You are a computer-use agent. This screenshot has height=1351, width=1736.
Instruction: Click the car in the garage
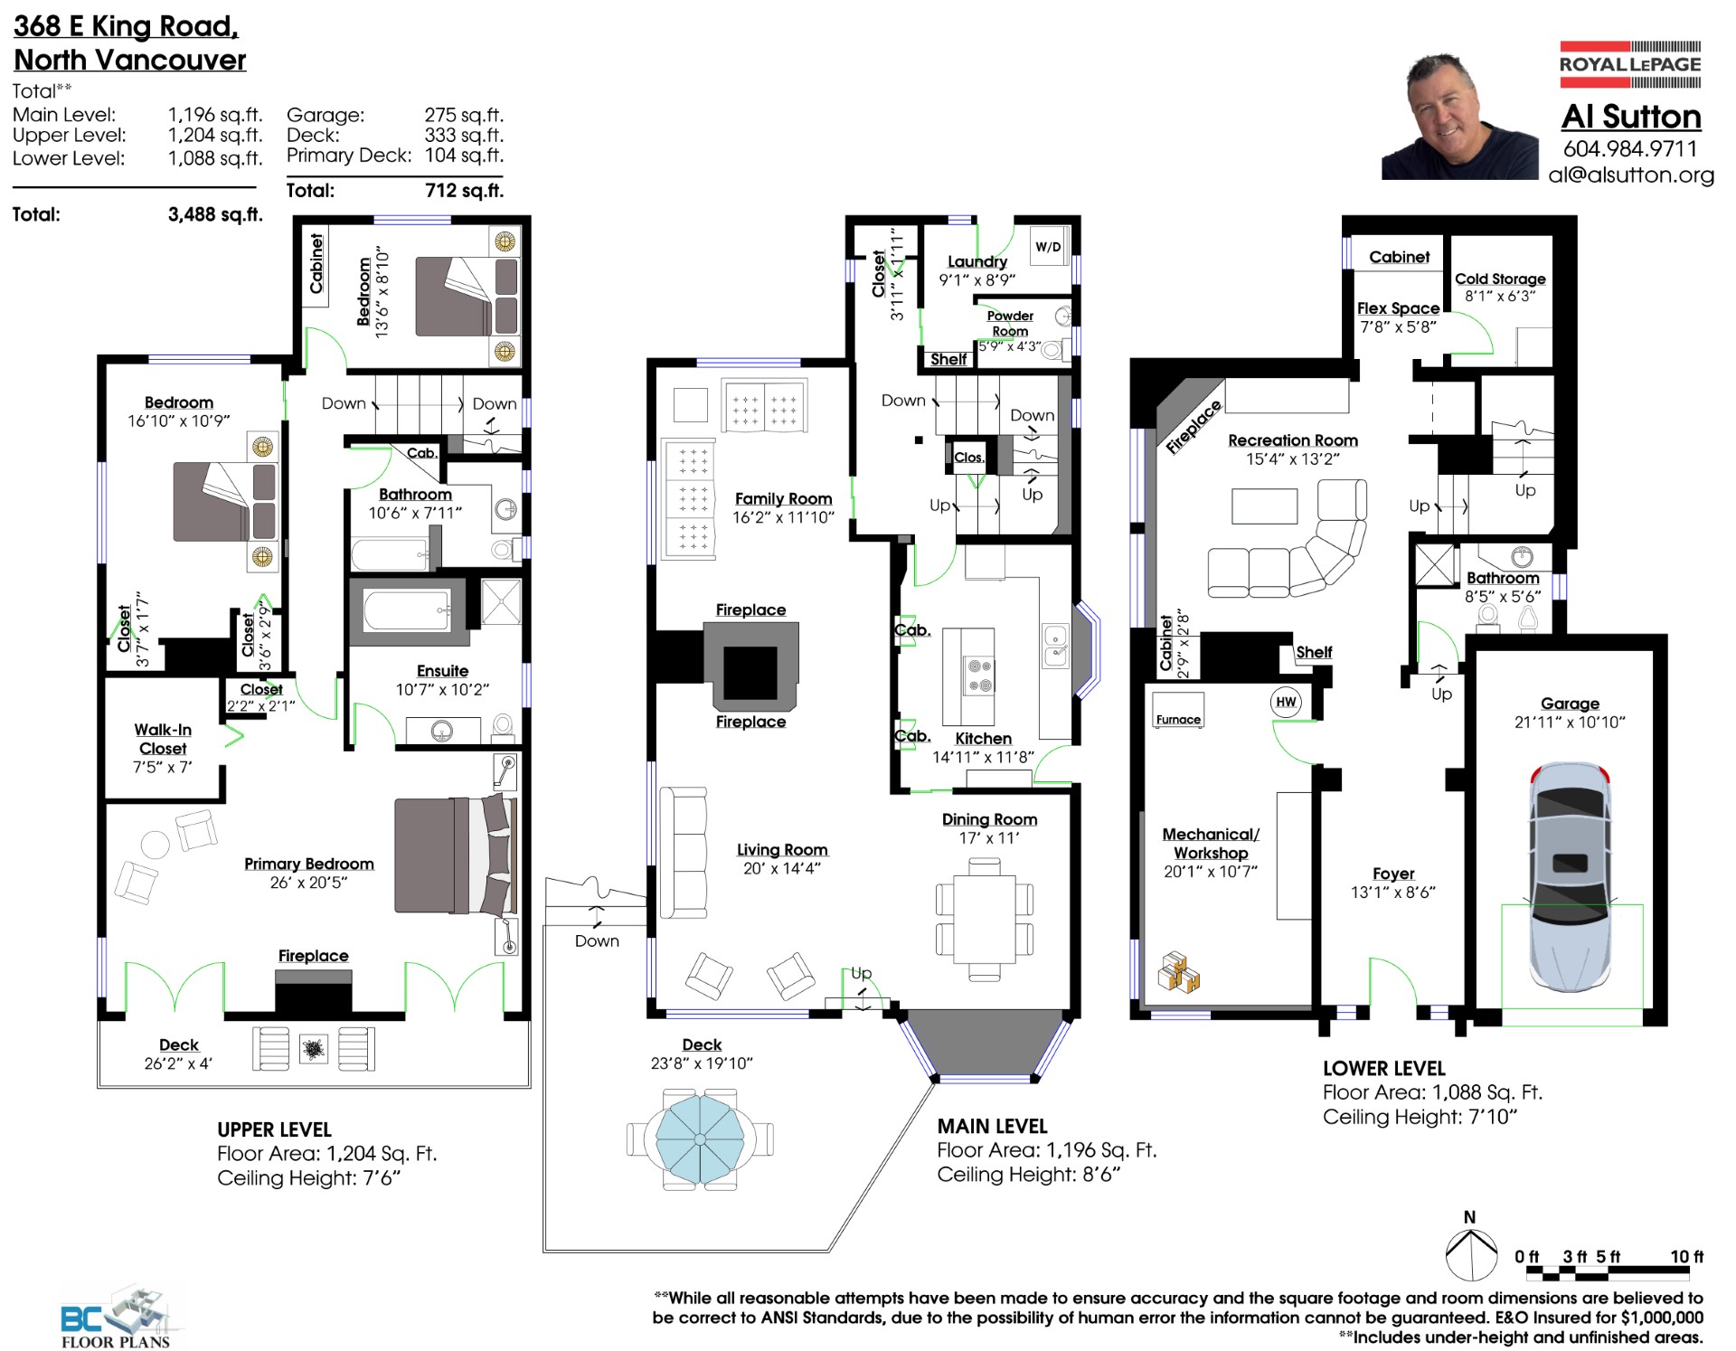click(1570, 876)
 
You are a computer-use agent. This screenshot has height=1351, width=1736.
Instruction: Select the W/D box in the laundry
click(1048, 246)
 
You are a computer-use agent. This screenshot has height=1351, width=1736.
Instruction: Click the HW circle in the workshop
click(1286, 702)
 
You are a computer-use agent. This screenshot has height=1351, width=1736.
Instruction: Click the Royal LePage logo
click(1630, 64)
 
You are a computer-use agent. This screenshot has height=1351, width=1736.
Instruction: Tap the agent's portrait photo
click(1459, 117)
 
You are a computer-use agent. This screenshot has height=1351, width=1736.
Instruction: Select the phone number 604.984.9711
click(1630, 148)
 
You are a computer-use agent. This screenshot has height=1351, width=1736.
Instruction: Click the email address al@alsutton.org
click(1631, 175)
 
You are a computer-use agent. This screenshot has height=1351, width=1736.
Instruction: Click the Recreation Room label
click(1293, 440)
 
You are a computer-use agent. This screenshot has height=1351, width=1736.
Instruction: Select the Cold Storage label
click(1500, 279)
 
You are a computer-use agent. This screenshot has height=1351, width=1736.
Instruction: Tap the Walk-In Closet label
click(163, 739)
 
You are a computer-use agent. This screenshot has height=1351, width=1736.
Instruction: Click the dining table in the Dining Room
click(985, 920)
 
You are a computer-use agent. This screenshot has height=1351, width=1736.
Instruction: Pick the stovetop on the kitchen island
click(980, 675)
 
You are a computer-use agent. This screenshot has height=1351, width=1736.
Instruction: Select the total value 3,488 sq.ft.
click(215, 214)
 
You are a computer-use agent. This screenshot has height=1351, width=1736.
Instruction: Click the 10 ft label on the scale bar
click(1686, 1256)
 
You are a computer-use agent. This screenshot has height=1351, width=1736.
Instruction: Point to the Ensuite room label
click(442, 671)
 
